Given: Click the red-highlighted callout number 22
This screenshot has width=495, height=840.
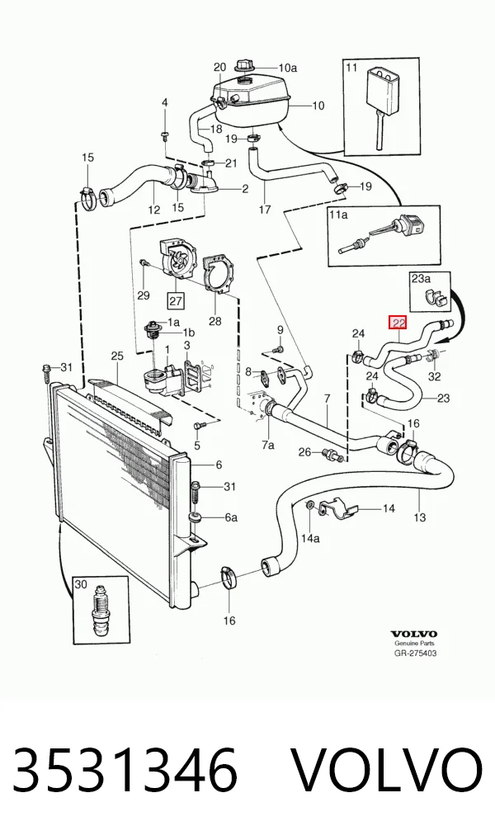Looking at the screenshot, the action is click(x=398, y=323).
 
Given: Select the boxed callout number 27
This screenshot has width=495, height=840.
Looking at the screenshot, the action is click(x=176, y=301).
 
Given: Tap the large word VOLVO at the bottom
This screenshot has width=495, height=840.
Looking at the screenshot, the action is click(x=389, y=770).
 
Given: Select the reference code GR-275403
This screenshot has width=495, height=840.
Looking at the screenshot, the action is click(x=415, y=653).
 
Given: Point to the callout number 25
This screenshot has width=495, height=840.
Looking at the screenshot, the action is click(x=117, y=356).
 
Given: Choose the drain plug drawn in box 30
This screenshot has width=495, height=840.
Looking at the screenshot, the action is click(x=101, y=611).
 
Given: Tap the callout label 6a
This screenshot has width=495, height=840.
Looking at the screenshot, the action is click(x=231, y=517).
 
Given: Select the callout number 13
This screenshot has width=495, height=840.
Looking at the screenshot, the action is click(x=420, y=517).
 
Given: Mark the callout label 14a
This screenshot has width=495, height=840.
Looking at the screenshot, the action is click(x=309, y=538).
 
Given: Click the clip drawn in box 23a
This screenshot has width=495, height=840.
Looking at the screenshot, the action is click(x=436, y=299).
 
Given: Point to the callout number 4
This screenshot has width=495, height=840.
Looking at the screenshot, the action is click(x=165, y=102).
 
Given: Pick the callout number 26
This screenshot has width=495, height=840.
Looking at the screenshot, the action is click(x=304, y=453).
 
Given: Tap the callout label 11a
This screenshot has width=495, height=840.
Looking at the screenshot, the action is click(x=338, y=215).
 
